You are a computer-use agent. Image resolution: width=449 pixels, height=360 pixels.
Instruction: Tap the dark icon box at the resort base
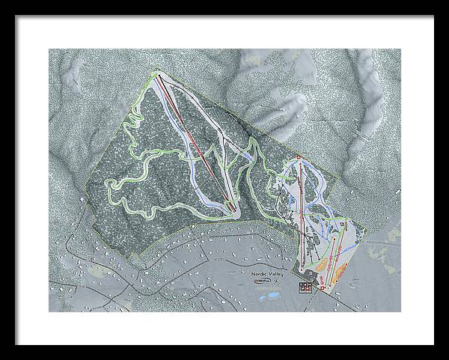pyautogui.click(x=305, y=287)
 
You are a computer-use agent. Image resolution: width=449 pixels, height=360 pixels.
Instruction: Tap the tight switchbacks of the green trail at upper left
pyautogui.click(x=135, y=120)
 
